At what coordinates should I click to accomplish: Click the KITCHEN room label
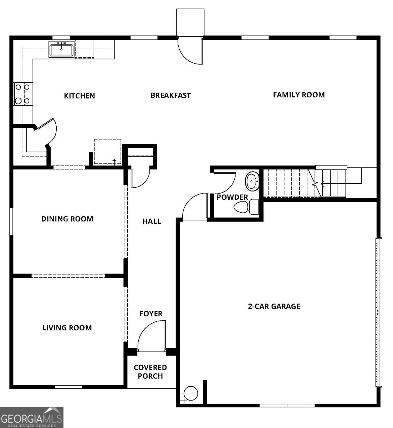(x=80, y=96)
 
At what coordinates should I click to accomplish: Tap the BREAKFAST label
(x=171, y=95)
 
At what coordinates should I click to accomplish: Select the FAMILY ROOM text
(x=299, y=95)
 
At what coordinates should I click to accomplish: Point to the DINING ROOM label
(x=67, y=219)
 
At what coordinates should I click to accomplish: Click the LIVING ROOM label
(x=67, y=328)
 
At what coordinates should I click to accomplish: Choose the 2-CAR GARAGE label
(x=274, y=306)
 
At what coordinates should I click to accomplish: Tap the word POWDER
(x=233, y=197)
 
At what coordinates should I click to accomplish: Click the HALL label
(x=152, y=221)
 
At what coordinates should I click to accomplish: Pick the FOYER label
(x=151, y=314)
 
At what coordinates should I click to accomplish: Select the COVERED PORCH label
(x=150, y=372)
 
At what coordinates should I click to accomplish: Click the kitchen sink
(x=61, y=50)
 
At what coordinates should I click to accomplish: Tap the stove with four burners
(x=23, y=94)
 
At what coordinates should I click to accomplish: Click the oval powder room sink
(x=252, y=181)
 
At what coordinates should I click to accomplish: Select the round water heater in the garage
(x=191, y=393)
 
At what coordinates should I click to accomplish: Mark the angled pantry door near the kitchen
(x=46, y=132)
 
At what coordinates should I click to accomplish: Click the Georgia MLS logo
(x=32, y=417)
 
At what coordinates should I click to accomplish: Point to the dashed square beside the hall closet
(x=108, y=152)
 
